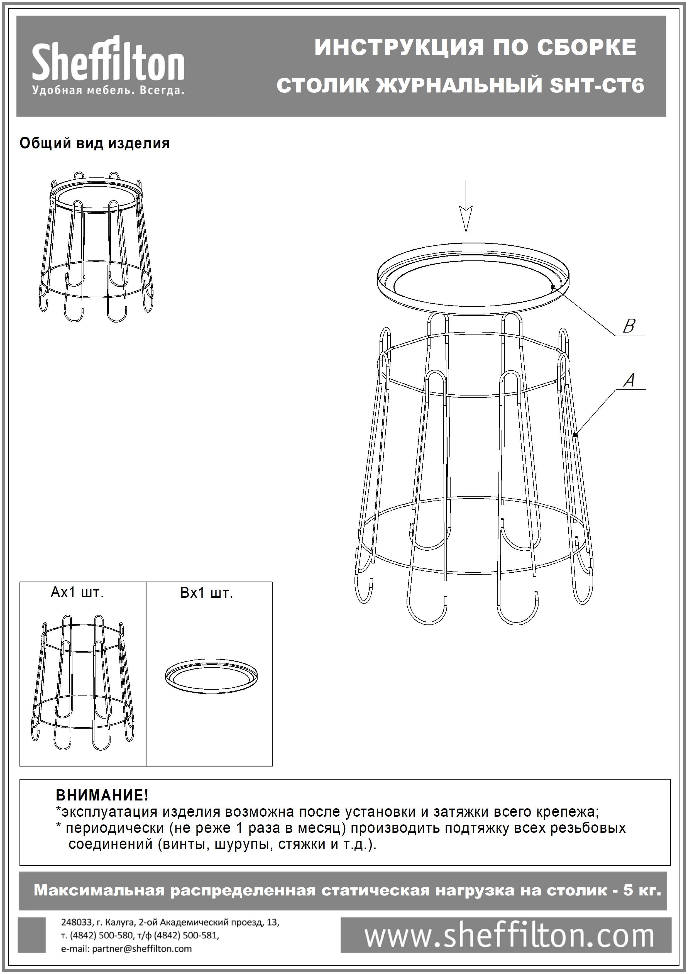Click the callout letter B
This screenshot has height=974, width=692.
[x=629, y=326]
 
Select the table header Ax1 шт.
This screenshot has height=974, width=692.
[x=77, y=592]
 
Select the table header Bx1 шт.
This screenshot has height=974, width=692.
[x=207, y=593]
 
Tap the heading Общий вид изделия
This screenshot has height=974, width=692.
[x=95, y=144]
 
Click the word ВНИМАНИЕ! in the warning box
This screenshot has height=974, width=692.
[x=102, y=795]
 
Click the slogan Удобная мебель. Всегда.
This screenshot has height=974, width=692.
[x=108, y=90]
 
